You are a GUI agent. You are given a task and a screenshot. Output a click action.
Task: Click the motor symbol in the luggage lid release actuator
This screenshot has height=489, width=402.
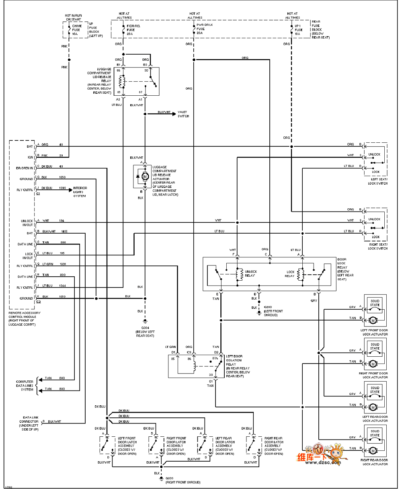[x=145, y=176]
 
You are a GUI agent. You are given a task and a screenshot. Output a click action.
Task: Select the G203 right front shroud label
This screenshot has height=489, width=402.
[x=183, y=480]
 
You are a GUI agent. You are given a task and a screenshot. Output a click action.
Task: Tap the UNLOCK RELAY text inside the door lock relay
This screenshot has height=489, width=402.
[x=250, y=274]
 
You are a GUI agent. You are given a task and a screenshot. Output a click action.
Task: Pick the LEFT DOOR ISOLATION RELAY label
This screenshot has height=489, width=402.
[x=238, y=366]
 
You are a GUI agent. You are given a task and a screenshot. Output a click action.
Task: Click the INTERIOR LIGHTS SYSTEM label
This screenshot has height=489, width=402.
[x=80, y=192]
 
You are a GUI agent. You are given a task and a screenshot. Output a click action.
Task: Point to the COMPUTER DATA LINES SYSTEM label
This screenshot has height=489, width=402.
[x=25, y=386]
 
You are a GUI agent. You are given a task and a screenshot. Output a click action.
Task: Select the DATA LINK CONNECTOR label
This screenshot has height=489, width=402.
[x=29, y=421]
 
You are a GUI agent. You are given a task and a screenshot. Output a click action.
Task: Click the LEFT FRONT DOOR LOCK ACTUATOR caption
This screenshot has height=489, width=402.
[x=375, y=332]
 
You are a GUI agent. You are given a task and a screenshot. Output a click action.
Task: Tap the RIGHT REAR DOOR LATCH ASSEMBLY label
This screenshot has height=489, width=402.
[x=273, y=446]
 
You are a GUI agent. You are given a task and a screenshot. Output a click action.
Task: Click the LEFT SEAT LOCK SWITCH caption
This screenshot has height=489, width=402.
[x=378, y=182]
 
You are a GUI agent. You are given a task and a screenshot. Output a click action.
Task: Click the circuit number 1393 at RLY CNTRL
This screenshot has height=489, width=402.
[x=63, y=188]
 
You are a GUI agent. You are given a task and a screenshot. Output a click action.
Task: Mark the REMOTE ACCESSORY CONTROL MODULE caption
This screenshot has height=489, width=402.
[x=25, y=318]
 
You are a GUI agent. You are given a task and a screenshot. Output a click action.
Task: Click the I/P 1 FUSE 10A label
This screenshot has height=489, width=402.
[x=298, y=29]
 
